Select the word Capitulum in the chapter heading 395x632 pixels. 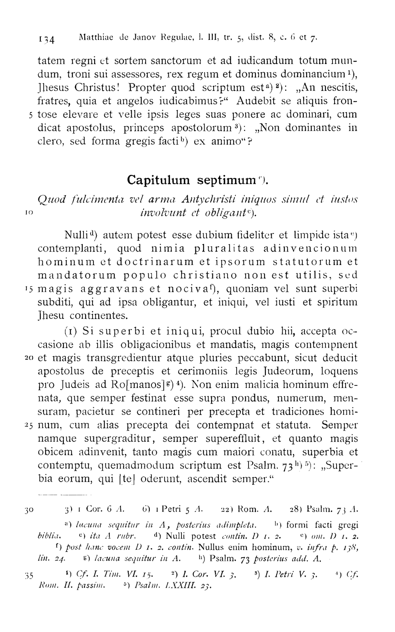click(x=158, y=180)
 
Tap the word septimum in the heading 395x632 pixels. click(x=226, y=180)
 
